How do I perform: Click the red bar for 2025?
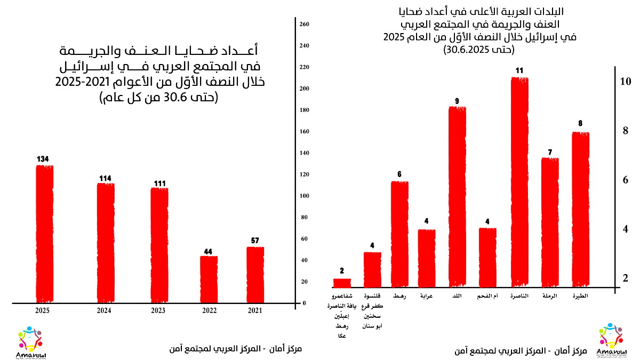point(44,234)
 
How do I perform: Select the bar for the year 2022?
point(209,279)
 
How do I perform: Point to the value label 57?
point(254,241)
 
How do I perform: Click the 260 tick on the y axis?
point(305,24)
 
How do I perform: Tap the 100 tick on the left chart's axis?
point(305,196)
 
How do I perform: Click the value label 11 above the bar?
point(520,70)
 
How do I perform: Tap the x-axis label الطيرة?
point(580,295)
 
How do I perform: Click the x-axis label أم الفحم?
point(488,295)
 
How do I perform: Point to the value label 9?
point(457,100)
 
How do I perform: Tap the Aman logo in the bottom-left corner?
point(29,342)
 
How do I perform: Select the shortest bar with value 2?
point(342,283)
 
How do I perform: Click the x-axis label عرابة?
point(426,295)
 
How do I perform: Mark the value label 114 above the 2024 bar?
point(106,178)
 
